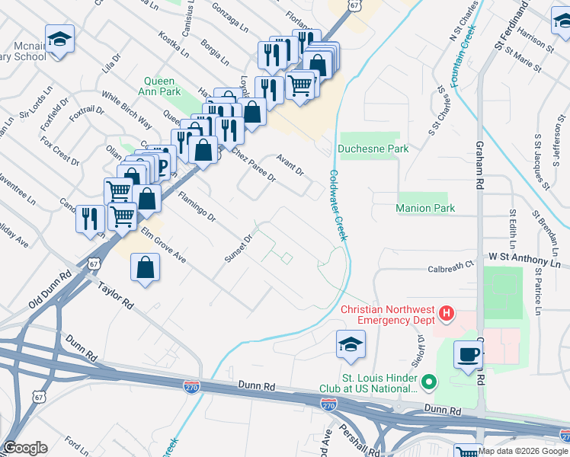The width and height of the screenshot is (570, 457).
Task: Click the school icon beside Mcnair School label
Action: coord(59,38)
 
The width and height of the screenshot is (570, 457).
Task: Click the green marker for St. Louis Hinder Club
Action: coord(429,382)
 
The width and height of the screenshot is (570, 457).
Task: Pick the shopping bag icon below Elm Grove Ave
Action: coord(145,268)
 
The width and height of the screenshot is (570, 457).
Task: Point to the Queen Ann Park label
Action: coord(160,87)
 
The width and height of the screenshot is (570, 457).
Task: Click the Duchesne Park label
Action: coord(373,149)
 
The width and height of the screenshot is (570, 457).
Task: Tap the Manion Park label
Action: coord(424,208)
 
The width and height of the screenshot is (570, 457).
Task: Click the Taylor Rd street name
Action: coord(114,296)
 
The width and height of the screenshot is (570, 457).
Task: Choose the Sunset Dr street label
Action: coord(238,248)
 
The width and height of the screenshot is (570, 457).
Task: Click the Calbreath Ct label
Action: coord(450,267)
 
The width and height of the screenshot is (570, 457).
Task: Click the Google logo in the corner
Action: coord(25,448)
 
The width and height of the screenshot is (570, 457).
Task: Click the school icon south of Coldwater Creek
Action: coord(351,344)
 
